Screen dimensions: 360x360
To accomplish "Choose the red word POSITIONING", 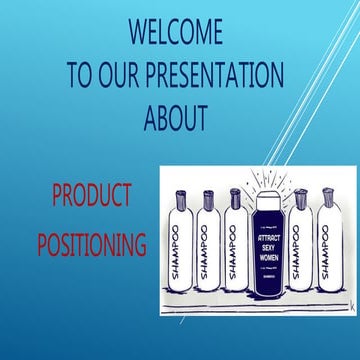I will pyautogui.click(x=91, y=243).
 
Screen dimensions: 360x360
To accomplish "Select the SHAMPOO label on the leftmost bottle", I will pyautogui.click(x=179, y=250).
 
